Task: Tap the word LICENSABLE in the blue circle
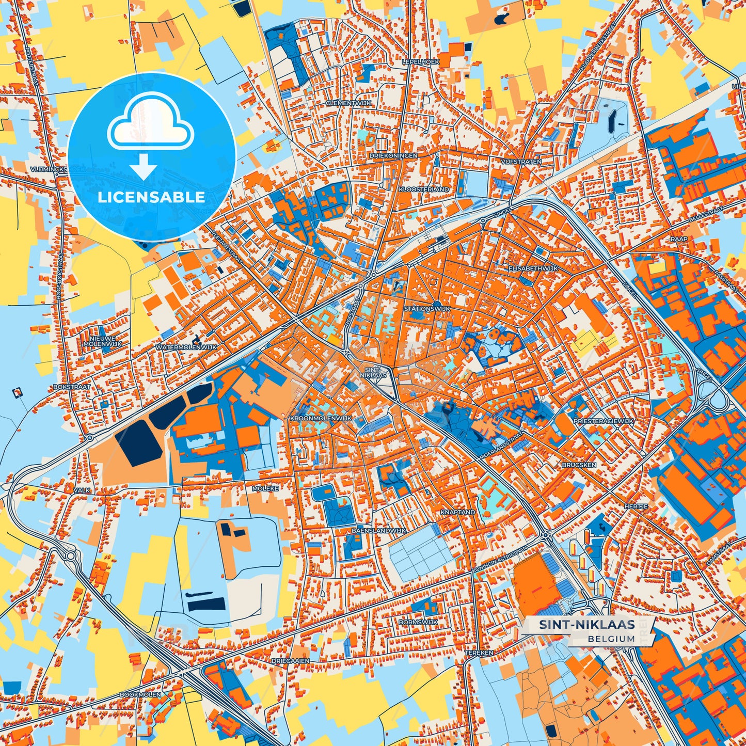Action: click(x=152, y=197)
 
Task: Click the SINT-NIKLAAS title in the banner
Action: click(x=587, y=625)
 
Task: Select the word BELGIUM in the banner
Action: click(x=611, y=639)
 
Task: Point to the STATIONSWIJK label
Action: click(x=427, y=309)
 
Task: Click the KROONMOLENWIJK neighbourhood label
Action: click(x=321, y=418)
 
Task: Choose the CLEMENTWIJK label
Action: click(x=348, y=103)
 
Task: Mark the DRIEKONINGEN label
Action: click(x=393, y=155)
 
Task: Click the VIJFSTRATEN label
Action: click(x=521, y=162)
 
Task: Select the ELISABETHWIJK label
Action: click(x=533, y=269)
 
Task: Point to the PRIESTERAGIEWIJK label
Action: click(x=603, y=421)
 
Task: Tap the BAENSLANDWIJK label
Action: click(x=379, y=531)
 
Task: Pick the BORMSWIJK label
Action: click(x=418, y=622)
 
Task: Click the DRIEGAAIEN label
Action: click(x=291, y=661)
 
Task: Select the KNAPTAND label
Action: click(x=457, y=512)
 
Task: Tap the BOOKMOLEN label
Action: click(x=140, y=694)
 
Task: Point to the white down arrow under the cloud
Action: click(x=144, y=167)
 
